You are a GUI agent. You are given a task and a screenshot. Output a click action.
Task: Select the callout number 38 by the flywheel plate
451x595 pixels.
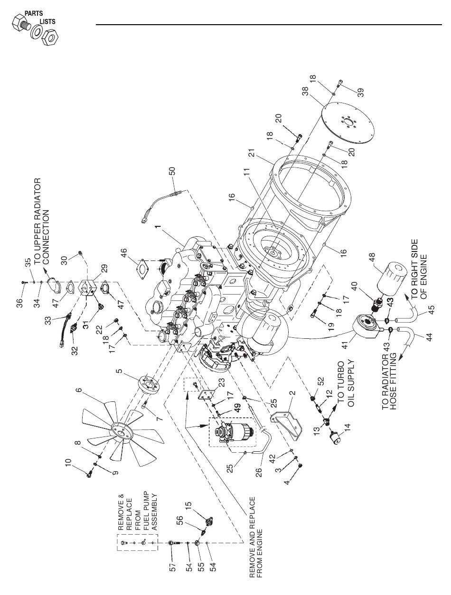tap(305, 91)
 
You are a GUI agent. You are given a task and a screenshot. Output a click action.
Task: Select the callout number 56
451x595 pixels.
tap(180, 521)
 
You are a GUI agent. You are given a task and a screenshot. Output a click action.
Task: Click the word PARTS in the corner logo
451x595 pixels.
tap(34, 13)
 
